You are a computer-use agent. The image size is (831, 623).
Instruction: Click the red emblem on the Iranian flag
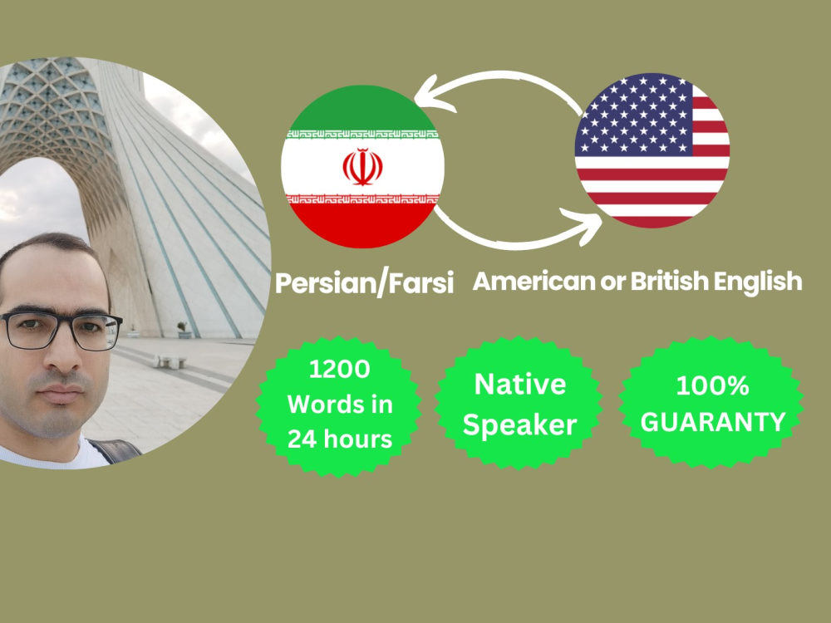[363, 166]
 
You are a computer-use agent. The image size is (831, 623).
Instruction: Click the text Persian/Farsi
[365, 283]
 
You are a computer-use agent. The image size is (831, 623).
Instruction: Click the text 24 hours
[340, 439]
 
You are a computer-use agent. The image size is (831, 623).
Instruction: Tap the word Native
[520, 384]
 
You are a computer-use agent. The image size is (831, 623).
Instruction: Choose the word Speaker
[520, 425]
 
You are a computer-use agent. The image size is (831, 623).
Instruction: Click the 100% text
[712, 386]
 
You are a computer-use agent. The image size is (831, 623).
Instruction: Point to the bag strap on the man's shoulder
[117, 449]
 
